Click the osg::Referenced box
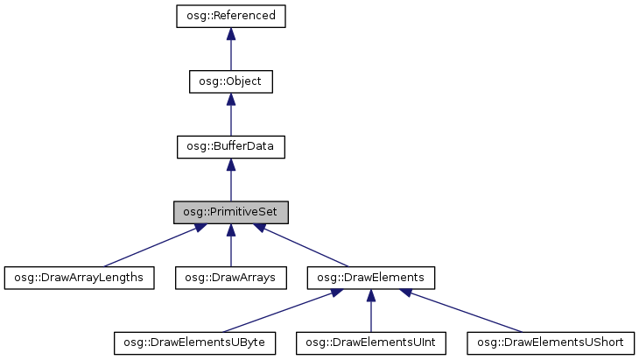(231, 16)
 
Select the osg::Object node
(231, 81)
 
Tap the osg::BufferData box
(231, 146)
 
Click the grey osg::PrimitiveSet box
(231, 212)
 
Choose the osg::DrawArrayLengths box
(79, 278)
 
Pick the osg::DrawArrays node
(231, 278)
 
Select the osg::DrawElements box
(370, 278)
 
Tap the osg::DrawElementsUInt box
(370, 342)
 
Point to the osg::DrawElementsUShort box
(550, 342)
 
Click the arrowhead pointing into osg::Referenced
(231, 33)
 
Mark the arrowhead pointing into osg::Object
(231, 99)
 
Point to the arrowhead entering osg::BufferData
(231, 164)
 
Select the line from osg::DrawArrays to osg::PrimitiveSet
(231, 250)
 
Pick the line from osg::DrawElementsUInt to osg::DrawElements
(370, 315)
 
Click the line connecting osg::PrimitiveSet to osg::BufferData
(231, 186)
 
